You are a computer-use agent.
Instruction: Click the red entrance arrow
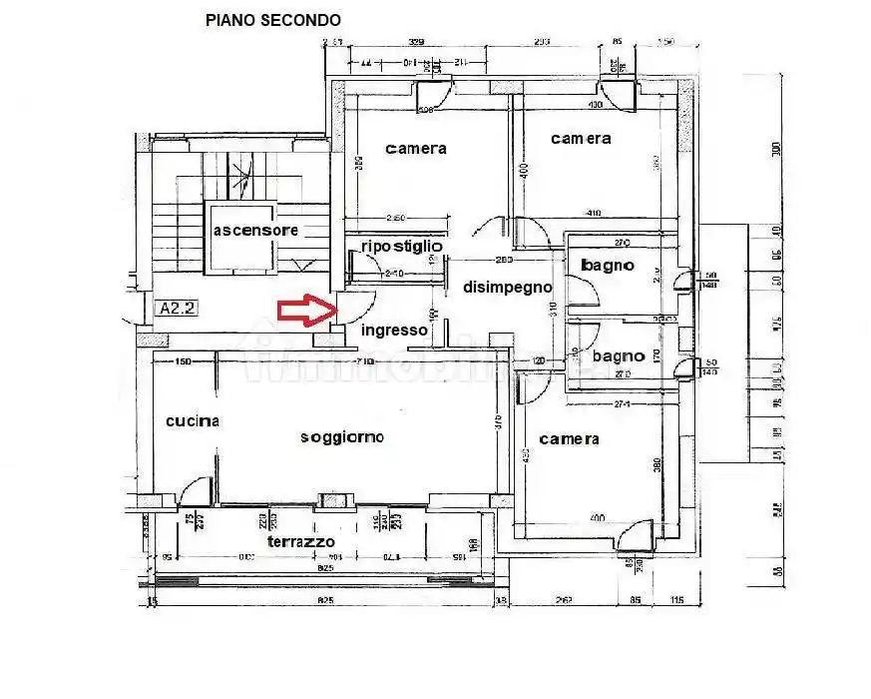click(303, 311)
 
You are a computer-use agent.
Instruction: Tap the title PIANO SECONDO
click(272, 19)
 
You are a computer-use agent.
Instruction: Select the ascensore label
click(255, 231)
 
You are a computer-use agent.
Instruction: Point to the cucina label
click(193, 421)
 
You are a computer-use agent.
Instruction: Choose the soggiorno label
click(342, 437)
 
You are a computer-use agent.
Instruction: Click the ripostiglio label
click(402, 246)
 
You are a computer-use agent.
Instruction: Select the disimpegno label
click(507, 287)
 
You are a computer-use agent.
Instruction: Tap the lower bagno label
click(618, 355)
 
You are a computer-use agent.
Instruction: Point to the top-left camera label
click(416, 149)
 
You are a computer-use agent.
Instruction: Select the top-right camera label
click(581, 139)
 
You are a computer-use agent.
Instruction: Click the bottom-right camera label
click(569, 439)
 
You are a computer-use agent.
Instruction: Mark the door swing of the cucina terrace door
click(197, 489)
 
